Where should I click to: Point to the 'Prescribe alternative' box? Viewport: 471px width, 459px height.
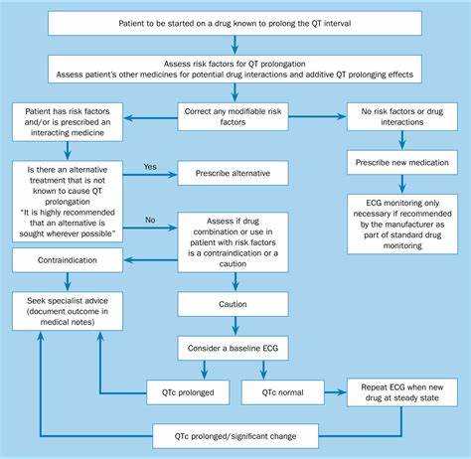tap(234, 173)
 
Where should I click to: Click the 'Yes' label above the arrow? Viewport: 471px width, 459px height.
tap(151, 166)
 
